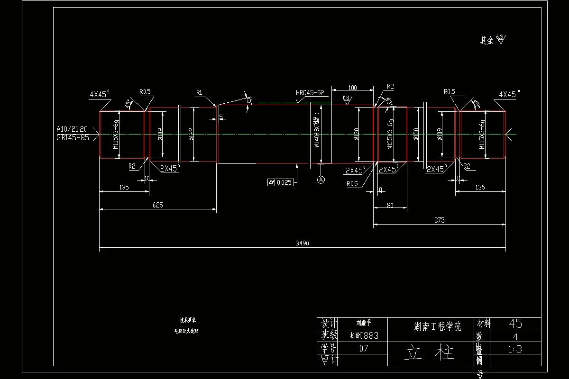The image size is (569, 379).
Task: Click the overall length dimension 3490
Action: (x=302, y=243)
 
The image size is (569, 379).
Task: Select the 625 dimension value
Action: (x=157, y=205)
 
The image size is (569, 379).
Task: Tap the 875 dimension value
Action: (x=439, y=220)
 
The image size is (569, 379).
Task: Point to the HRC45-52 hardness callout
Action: (x=310, y=93)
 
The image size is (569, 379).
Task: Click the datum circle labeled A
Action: (x=321, y=180)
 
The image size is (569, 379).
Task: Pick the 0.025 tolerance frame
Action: (x=280, y=182)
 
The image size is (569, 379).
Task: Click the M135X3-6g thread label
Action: (x=390, y=135)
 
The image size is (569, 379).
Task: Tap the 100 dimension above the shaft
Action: (x=352, y=88)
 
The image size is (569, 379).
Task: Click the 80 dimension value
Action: (x=390, y=205)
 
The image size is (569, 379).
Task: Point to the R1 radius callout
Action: (x=199, y=93)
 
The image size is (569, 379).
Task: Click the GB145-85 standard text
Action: (x=73, y=138)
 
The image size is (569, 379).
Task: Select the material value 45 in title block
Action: (x=515, y=324)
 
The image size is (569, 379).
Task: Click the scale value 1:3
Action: (x=515, y=349)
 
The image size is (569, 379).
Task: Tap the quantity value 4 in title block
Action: (x=515, y=336)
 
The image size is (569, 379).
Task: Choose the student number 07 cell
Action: (x=364, y=349)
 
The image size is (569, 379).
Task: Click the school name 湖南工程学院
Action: (x=431, y=326)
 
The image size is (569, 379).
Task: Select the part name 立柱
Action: (x=430, y=353)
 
